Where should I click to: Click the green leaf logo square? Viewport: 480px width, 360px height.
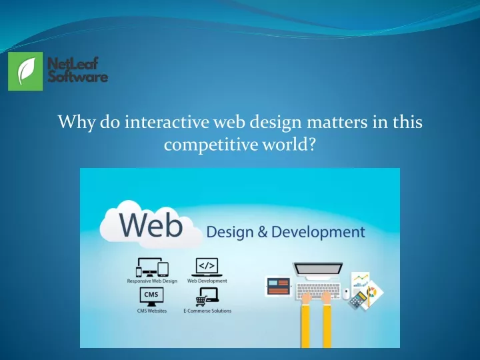pyautogui.click(x=25, y=71)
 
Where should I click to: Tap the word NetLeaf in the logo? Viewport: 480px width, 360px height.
pyautogui.click(x=73, y=64)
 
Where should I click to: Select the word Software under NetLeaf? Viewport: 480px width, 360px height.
pyautogui.click(x=78, y=76)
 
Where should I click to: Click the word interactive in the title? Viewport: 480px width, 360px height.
pyautogui.click(x=167, y=122)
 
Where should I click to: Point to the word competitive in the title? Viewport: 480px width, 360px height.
pyautogui.click(x=211, y=145)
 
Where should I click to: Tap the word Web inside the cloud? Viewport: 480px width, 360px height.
pyautogui.click(x=151, y=225)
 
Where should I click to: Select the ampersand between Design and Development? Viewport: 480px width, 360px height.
pyautogui.click(x=263, y=232)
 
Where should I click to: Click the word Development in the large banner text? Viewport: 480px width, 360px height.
pyautogui.click(x=318, y=232)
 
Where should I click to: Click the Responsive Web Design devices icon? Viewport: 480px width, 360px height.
pyautogui.click(x=152, y=267)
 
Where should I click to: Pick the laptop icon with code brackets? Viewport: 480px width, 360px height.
pyautogui.click(x=207, y=267)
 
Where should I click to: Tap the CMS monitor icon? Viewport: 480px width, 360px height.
pyautogui.click(x=151, y=297)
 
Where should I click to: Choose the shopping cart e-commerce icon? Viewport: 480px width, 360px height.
pyautogui.click(x=207, y=297)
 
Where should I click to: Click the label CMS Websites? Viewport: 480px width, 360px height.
pyautogui.click(x=152, y=311)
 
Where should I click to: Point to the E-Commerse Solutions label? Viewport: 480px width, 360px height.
pyautogui.click(x=207, y=311)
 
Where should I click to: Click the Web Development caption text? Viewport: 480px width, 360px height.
pyautogui.click(x=207, y=281)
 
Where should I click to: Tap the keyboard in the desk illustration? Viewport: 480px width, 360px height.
pyautogui.click(x=318, y=291)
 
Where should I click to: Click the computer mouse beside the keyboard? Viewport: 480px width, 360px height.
pyautogui.click(x=346, y=294)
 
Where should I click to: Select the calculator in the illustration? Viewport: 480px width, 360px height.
pyautogui.click(x=358, y=300)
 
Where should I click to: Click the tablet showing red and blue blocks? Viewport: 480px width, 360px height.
pyautogui.click(x=278, y=287)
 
